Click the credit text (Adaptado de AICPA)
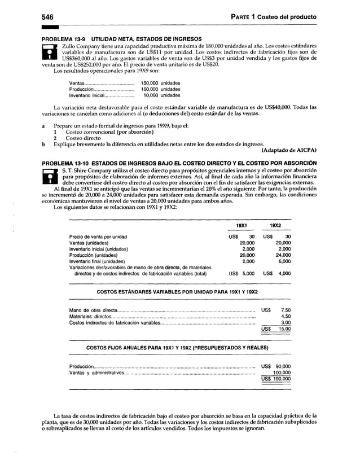pos(289,150)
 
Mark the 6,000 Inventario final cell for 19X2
pos(284,261)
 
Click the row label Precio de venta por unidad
pos(98,236)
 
